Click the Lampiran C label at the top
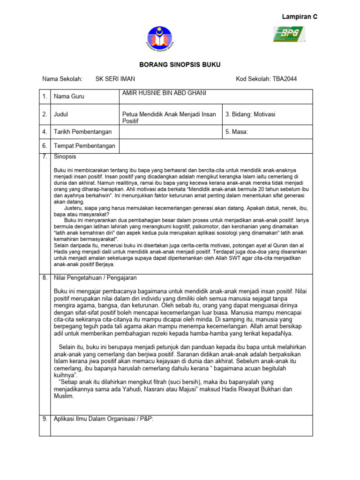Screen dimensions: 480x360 pyautogui.click(x=300, y=17)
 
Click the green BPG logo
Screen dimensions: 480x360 pyautogui.click(x=289, y=34)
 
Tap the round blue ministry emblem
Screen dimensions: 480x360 pyautogui.click(x=159, y=39)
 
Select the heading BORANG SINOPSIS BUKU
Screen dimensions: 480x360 pyautogui.click(x=180, y=65)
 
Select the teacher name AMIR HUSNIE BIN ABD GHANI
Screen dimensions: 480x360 pyautogui.click(x=164, y=93)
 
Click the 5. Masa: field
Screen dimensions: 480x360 pyautogui.click(x=237, y=132)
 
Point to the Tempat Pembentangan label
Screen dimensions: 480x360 pyautogui.click(x=85, y=146)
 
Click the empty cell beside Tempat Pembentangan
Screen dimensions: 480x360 pyautogui.click(x=216, y=146)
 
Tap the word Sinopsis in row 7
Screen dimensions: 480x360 pyautogui.click(x=65, y=157)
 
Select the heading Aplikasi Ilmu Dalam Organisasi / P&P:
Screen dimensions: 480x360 pyautogui.click(x=104, y=419)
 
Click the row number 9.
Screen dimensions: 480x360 pyautogui.click(x=45, y=419)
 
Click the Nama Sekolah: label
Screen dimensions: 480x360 pyautogui.click(x=62, y=79)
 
